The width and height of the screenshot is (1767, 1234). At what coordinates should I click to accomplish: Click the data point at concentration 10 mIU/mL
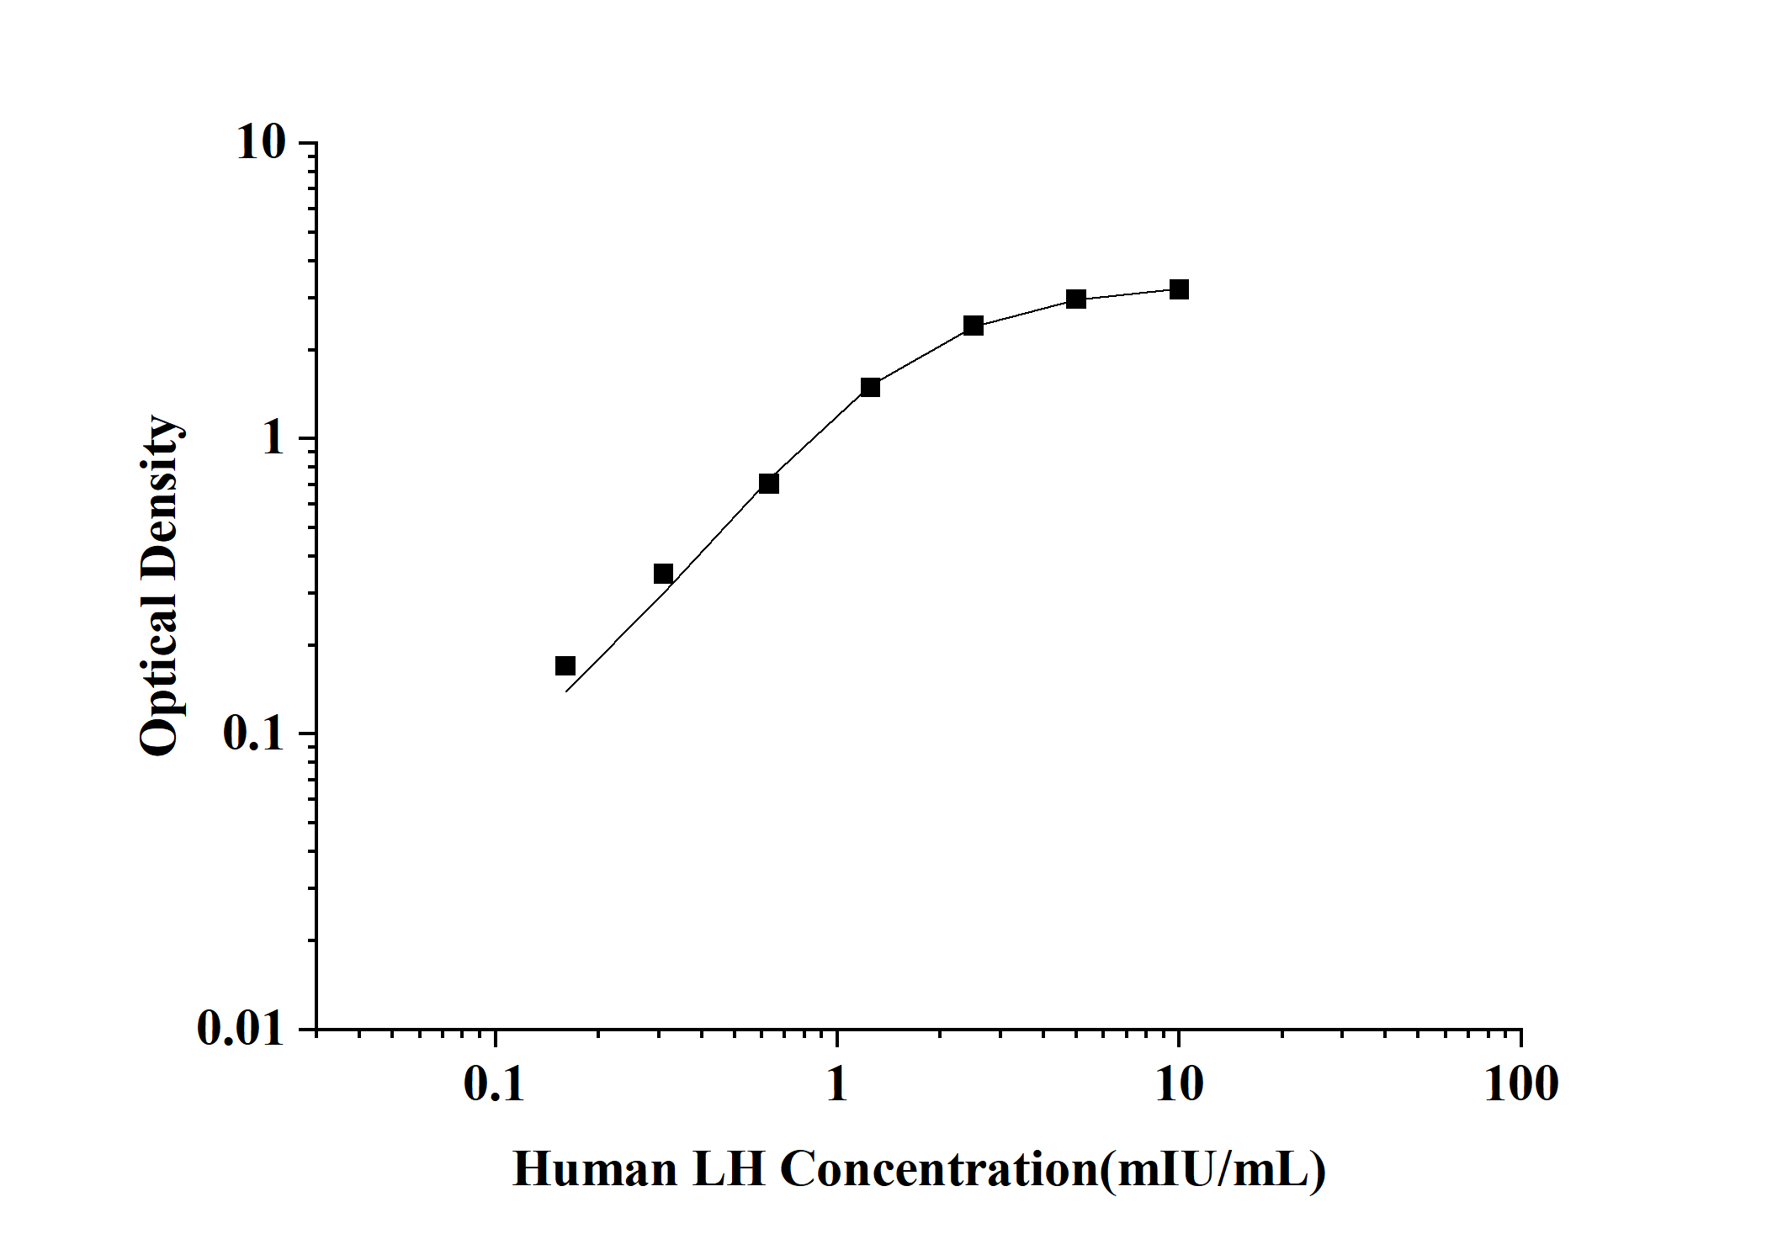point(1179,289)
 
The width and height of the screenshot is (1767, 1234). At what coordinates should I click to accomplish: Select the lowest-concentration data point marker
point(565,666)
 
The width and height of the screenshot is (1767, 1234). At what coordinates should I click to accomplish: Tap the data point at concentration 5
point(1076,299)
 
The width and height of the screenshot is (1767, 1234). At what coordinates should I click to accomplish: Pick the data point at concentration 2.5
point(974,326)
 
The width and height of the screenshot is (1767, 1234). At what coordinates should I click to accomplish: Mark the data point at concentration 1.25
point(870,387)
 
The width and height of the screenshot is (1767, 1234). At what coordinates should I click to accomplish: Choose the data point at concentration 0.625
point(768,483)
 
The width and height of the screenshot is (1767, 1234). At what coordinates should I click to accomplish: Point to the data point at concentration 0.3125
point(663,574)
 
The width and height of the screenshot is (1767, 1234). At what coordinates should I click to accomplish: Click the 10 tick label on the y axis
point(261,143)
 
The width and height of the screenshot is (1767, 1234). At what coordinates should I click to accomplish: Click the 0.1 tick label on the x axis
point(495,1084)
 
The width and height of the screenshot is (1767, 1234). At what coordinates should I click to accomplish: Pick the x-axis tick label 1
point(836,1084)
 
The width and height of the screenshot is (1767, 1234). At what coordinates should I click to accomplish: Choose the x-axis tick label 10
point(1179,1084)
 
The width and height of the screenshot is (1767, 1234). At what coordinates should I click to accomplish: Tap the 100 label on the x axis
point(1520,1084)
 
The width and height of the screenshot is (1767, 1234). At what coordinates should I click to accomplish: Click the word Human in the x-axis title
point(595,1169)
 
